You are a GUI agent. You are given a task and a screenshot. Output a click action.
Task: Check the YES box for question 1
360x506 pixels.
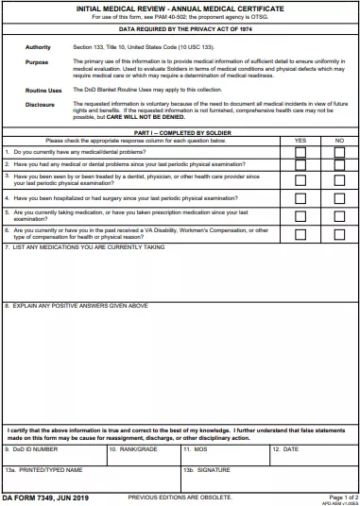click(300, 152)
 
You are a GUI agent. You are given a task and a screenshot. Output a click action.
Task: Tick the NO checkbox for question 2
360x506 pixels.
click(339, 164)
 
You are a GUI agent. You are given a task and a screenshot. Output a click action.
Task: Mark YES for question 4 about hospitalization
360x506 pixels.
click(300, 199)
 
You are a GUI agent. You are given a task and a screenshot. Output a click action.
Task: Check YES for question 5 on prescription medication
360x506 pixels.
click(300, 217)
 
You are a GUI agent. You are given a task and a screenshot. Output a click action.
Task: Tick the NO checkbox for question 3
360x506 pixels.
click(339, 180)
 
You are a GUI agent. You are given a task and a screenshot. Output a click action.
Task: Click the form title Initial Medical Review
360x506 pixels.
click(180, 8)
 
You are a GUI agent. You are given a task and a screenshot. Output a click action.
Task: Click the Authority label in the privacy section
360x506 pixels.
click(38, 46)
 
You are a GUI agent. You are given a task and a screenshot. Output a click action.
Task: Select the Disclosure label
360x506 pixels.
click(40, 104)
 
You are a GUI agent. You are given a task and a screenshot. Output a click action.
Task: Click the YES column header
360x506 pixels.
click(300, 140)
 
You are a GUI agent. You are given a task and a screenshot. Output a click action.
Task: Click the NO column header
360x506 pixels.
click(339, 140)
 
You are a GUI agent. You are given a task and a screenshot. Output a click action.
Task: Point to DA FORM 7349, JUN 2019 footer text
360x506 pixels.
click(44, 497)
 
